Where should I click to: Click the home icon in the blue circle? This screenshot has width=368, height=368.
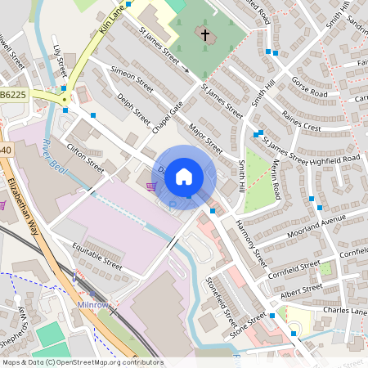[x=185, y=175]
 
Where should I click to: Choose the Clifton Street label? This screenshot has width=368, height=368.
[x=86, y=159]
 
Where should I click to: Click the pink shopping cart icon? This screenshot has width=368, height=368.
[x=150, y=186]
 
